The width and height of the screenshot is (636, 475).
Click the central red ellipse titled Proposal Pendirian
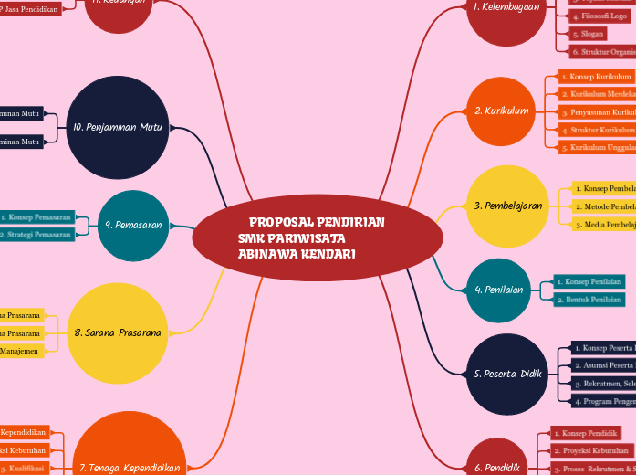pos(318,237)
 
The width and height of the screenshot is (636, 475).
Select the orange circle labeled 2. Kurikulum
pos(501,111)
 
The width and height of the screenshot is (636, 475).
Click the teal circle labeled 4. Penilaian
pos(498,290)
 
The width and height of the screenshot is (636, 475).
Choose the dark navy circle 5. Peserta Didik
pos(507,374)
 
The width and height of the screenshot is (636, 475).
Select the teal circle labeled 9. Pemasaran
pos(132,225)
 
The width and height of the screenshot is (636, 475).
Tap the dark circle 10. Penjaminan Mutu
pos(117,128)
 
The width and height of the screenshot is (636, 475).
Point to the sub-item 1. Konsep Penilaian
pos(589,282)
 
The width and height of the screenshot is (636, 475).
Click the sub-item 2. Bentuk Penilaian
pos(589,300)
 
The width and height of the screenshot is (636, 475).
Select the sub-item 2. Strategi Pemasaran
pos(36,235)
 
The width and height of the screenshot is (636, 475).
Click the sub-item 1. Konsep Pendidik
pos(586,433)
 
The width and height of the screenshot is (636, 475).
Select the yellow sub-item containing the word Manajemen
pos(21,351)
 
